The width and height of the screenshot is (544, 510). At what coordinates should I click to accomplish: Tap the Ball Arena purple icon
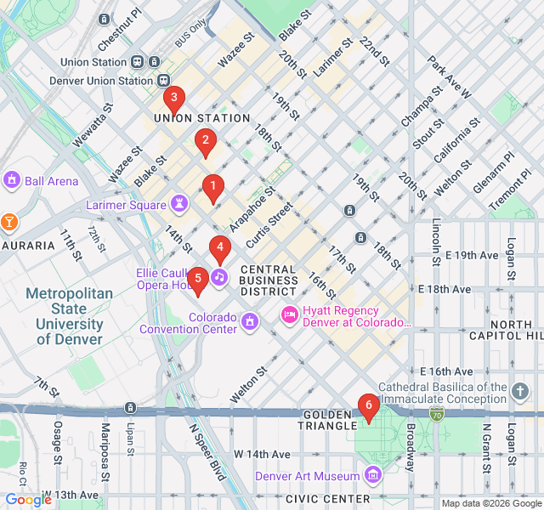pyautogui.click(x=12, y=180)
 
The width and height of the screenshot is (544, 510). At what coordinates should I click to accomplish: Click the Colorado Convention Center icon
pyautogui.click(x=250, y=321)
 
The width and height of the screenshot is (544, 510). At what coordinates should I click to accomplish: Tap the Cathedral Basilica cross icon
pyautogui.click(x=520, y=392)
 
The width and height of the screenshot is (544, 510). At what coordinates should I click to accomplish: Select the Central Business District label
pyautogui.click(x=269, y=280)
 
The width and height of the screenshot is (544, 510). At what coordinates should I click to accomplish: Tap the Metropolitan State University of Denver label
pyautogui.click(x=69, y=316)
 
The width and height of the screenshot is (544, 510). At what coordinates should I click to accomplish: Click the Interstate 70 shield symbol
pyautogui.click(x=436, y=414)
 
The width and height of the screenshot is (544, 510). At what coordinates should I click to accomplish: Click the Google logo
pyautogui.click(x=28, y=500)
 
